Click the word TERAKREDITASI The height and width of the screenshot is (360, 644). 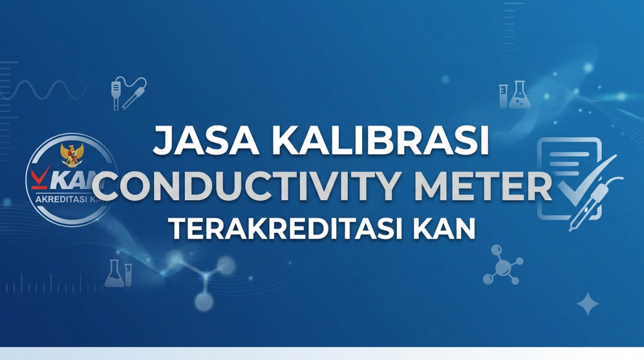(x=286, y=228)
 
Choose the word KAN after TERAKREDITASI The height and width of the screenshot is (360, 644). (x=444, y=228)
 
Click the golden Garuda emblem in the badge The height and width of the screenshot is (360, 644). (x=72, y=155)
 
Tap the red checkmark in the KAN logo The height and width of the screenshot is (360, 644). (x=41, y=177)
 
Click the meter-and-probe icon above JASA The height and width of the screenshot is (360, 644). (x=128, y=93)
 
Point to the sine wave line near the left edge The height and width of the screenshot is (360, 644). (x=45, y=90)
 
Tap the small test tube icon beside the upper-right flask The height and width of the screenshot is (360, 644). (x=503, y=96)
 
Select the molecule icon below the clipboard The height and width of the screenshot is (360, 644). (x=502, y=265)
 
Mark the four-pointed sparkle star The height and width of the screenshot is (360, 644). (x=588, y=304)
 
